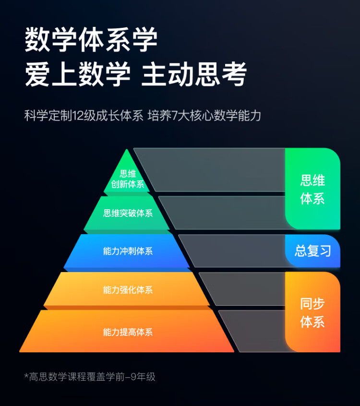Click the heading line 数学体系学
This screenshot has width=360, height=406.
point(91,39)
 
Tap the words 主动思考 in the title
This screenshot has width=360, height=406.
point(195,74)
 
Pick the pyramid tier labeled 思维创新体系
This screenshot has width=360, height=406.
point(127,179)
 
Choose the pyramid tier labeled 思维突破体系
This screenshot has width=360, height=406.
point(128,213)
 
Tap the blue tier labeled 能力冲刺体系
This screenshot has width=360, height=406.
point(128,251)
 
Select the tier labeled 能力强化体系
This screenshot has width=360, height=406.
point(128,290)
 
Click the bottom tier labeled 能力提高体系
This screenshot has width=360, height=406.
point(128,332)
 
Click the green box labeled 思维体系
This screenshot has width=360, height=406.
point(312,189)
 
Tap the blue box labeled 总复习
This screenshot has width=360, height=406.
point(312,251)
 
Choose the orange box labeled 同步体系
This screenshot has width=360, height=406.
point(312,312)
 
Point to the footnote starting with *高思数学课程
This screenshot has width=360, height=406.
point(90,377)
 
